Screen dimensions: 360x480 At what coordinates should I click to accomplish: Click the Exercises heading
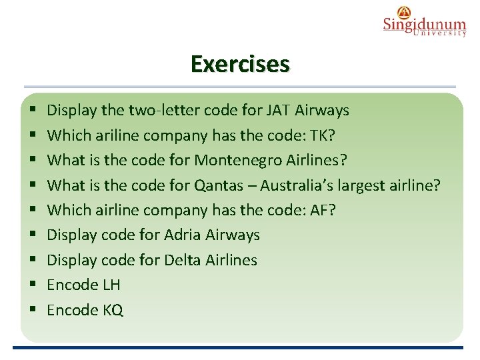[x=240, y=64]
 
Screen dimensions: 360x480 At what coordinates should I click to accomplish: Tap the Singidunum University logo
[x=424, y=25]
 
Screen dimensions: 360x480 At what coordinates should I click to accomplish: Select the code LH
[x=111, y=285]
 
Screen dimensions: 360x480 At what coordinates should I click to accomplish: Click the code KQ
[x=113, y=310]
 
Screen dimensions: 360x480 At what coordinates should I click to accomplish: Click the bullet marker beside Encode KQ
[x=33, y=311]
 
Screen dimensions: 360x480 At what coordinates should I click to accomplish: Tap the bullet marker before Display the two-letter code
[x=33, y=111]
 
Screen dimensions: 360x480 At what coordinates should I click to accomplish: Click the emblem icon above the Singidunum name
[x=404, y=11]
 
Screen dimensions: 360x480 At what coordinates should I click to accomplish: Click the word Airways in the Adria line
[x=233, y=235]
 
